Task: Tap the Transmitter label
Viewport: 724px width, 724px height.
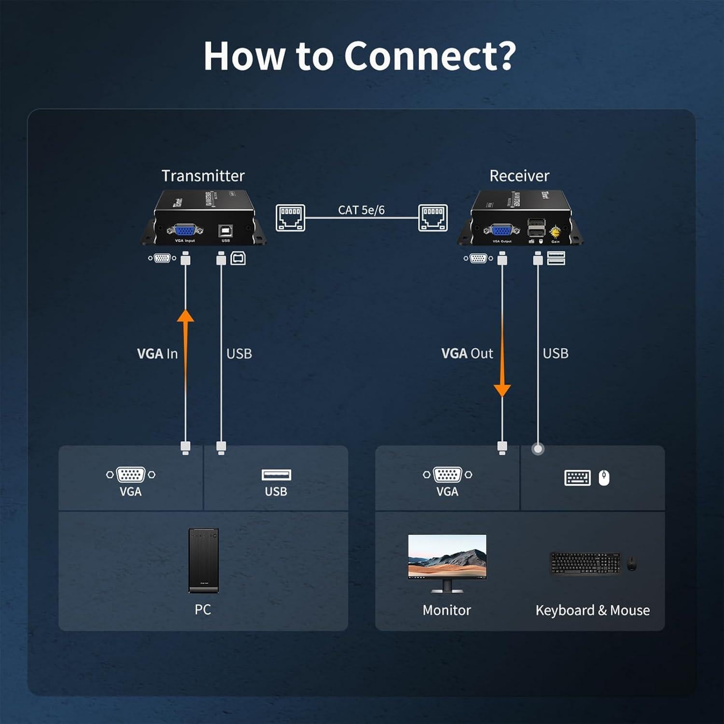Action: (x=203, y=176)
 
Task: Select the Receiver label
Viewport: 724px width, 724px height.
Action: (x=519, y=176)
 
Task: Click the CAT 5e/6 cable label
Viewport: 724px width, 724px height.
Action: (x=361, y=210)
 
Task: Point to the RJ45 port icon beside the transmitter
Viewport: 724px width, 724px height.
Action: (x=290, y=218)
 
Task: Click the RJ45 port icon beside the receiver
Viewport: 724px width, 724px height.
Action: (x=432, y=218)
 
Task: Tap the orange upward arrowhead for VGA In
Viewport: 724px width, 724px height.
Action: (x=185, y=316)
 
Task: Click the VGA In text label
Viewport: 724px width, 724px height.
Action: (x=157, y=354)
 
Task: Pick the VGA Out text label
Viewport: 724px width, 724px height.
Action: (x=467, y=353)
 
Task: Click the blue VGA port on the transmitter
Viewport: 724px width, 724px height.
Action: (x=185, y=231)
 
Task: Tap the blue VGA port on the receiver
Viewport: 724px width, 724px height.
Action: (x=502, y=231)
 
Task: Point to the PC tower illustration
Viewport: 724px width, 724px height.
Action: (x=203, y=560)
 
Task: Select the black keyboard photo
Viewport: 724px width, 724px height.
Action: (x=585, y=563)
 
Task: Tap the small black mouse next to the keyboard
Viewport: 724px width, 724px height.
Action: (x=631, y=563)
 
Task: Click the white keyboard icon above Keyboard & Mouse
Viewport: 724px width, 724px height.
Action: (x=577, y=478)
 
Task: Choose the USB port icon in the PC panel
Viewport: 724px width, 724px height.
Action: (x=276, y=475)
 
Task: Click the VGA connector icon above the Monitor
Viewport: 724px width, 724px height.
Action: (x=447, y=474)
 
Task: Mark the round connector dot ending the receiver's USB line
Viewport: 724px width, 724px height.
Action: (x=538, y=449)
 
